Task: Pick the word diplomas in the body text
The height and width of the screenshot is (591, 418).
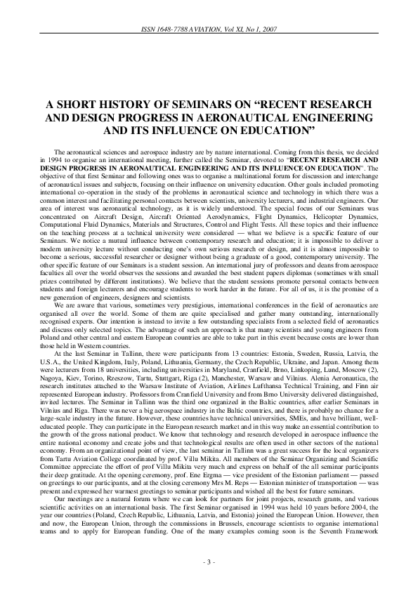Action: tap(279, 277)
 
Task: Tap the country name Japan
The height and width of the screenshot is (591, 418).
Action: tap(330, 349)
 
